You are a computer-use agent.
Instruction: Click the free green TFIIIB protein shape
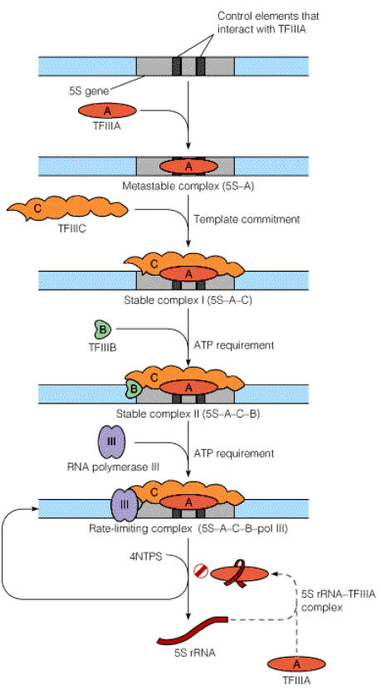point(103,329)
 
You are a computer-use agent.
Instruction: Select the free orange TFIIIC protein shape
point(67,208)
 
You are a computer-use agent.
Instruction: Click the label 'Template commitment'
point(247,218)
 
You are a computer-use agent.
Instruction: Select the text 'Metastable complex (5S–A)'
point(188,186)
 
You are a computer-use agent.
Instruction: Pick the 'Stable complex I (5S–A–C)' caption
point(188,301)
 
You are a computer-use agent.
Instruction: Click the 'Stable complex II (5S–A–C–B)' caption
point(188,414)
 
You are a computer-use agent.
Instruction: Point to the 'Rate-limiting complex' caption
point(137,528)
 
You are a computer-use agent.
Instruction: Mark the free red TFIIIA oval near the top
point(107,111)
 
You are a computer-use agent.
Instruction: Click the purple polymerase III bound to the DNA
point(124,505)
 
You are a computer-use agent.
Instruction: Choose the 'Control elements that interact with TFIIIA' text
point(268,22)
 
